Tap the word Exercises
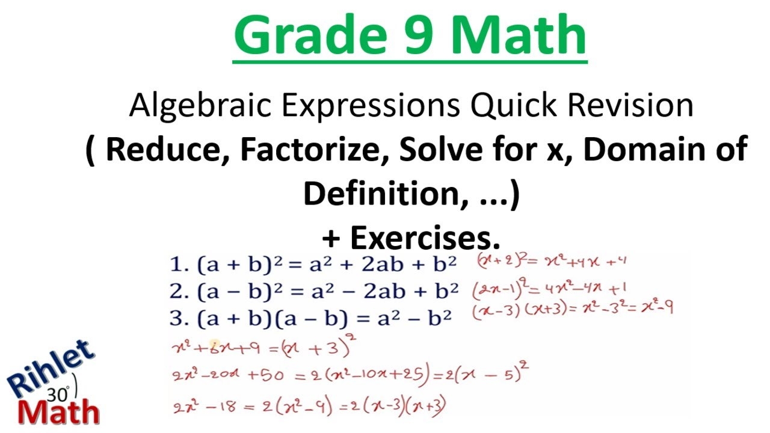[x=425, y=238]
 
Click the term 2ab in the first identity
[x=387, y=264]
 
